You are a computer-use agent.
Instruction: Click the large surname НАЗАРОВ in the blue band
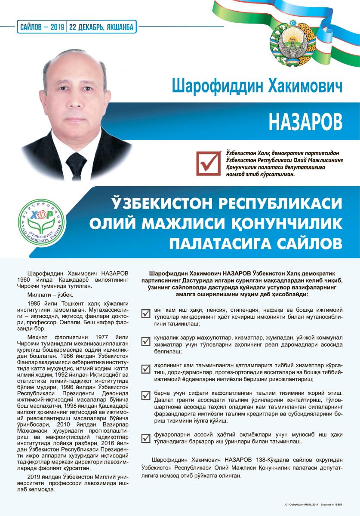coord(305,122)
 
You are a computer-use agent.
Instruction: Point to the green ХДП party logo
coord(41,219)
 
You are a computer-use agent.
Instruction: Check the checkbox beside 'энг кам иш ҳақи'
coord(146,313)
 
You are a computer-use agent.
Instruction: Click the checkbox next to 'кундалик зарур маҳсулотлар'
coord(146,341)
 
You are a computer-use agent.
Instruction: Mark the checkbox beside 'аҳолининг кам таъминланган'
coord(146,369)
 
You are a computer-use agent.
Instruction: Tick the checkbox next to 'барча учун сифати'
coord(146,396)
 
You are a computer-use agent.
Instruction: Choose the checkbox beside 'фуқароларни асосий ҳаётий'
coord(146,438)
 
